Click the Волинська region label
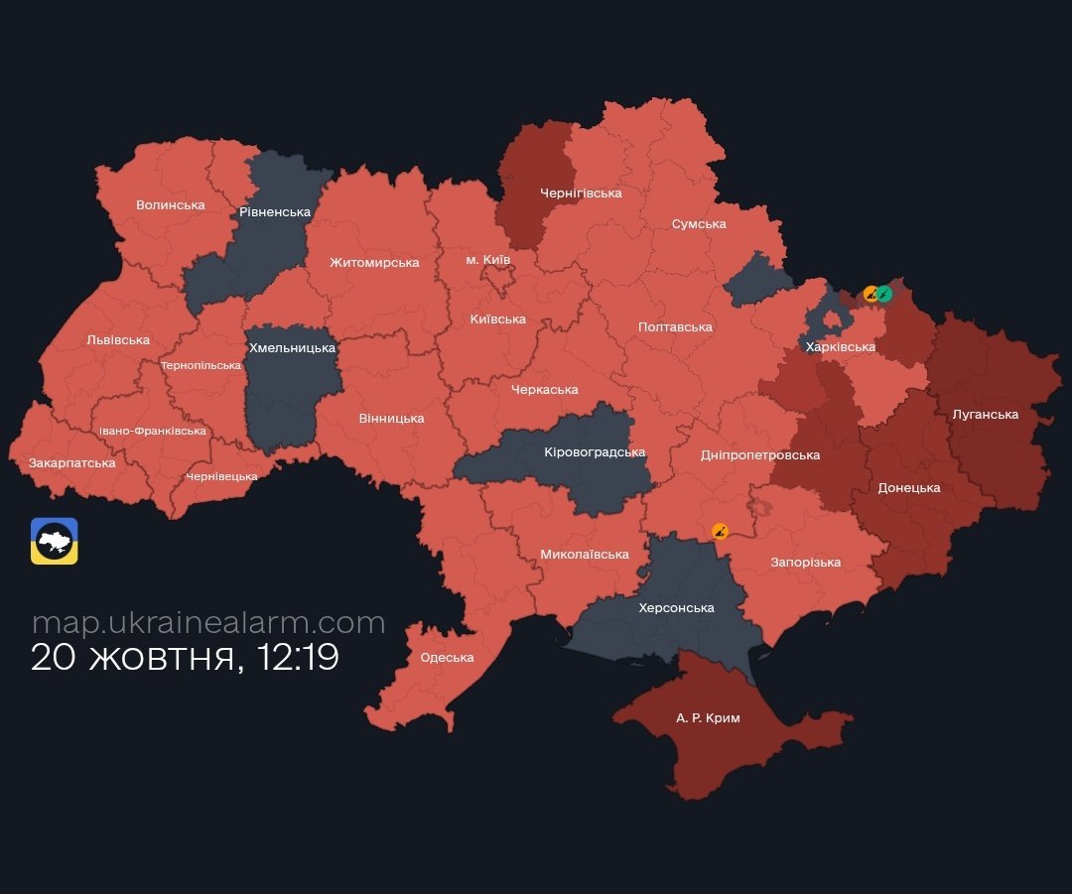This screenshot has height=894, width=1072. (x=170, y=205)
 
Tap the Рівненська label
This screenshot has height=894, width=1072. (x=275, y=212)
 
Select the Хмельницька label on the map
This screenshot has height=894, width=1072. (x=292, y=348)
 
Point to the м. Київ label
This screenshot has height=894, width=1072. (x=488, y=260)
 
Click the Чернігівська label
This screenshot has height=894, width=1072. (x=581, y=193)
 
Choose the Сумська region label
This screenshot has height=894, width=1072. (x=699, y=224)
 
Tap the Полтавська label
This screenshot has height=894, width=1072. (x=675, y=327)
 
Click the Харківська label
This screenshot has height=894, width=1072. (x=840, y=347)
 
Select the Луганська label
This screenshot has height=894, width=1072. (x=985, y=415)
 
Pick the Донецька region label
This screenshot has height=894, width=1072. (x=909, y=488)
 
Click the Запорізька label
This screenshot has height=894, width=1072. (x=805, y=563)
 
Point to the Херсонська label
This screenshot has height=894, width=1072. (x=676, y=608)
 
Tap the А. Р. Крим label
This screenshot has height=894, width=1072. (x=708, y=717)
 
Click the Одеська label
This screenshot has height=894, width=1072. (x=447, y=658)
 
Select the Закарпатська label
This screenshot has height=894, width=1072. (x=71, y=463)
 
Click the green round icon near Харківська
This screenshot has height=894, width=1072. (x=883, y=294)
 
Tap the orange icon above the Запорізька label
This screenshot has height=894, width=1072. (x=721, y=531)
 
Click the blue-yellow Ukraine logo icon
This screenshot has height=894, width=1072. (x=54, y=542)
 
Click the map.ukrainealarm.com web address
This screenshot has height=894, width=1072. (x=208, y=622)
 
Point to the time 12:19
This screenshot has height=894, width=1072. (x=298, y=658)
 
